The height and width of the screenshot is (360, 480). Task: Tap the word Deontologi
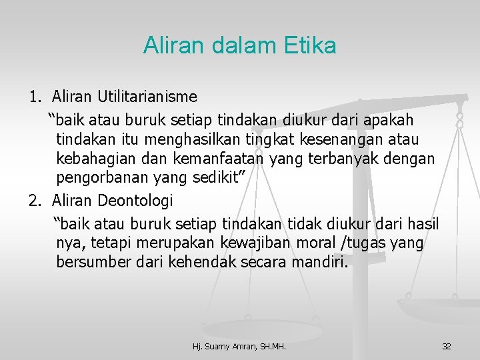(x=135, y=200)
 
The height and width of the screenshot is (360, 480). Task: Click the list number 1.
(x=35, y=97)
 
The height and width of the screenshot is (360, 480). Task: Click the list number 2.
(x=35, y=200)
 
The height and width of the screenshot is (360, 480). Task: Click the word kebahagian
(x=95, y=160)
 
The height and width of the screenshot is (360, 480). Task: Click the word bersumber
(x=90, y=262)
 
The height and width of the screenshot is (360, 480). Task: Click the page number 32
(x=447, y=346)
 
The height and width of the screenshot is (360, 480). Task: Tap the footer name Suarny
(x=219, y=346)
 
